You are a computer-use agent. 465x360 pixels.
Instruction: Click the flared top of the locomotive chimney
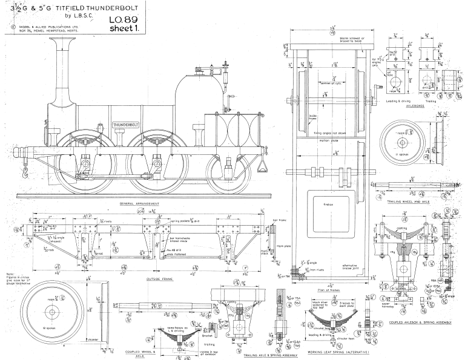(61, 40)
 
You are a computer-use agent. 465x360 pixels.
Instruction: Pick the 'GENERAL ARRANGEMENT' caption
(139, 204)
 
